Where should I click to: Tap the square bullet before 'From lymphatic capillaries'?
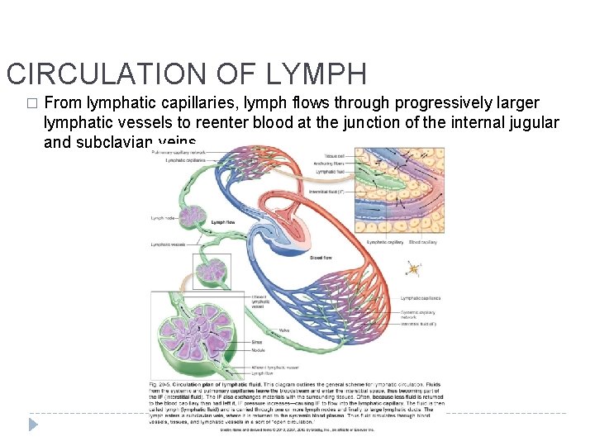tap(32, 104)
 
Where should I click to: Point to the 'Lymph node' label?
tap(162, 218)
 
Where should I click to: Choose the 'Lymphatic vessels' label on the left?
tap(168, 244)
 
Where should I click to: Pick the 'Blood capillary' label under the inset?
tap(423, 242)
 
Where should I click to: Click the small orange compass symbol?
tap(412, 268)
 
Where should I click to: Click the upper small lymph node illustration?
tap(194, 216)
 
